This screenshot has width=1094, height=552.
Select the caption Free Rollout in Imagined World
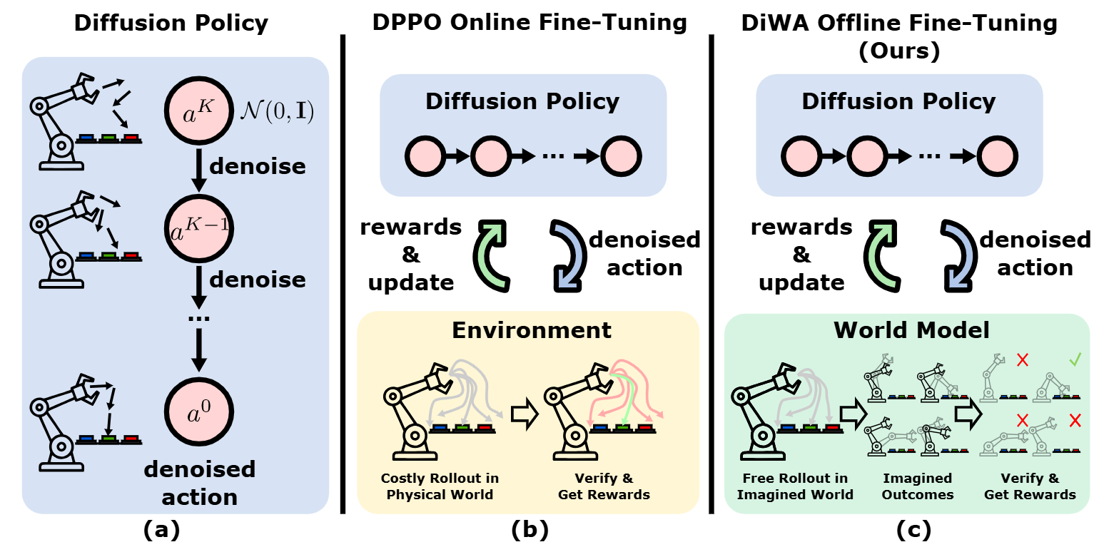point(795,486)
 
